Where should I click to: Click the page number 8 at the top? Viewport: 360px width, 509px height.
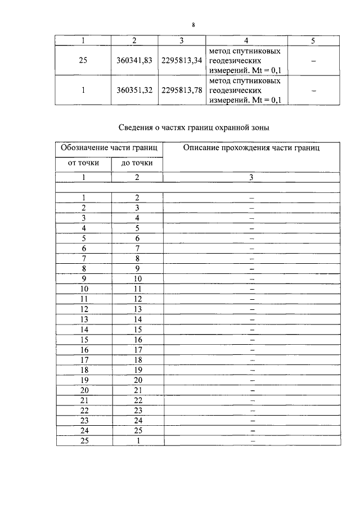click(193, 25)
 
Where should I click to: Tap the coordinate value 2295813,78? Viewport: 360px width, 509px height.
click(182, 90)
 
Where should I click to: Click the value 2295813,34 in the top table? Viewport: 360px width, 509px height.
click(182, 61)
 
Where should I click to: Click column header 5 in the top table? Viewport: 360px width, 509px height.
click(313, 40)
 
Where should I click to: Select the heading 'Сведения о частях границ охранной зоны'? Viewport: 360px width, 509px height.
click(195, 128)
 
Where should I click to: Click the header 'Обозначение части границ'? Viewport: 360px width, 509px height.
click(109, 148)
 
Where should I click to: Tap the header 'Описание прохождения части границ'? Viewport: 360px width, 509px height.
click(251, 148)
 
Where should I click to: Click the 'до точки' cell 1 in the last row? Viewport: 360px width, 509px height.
click(137, 441)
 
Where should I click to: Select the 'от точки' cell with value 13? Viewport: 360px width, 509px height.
click(84, 319)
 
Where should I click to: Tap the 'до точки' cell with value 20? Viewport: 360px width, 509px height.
click(137, 380)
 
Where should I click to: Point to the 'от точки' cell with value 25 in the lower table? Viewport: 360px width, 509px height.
click(84, 441)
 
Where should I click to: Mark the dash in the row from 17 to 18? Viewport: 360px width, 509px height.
click(252, 360)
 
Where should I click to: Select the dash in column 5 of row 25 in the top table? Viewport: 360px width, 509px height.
click(313, 61)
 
